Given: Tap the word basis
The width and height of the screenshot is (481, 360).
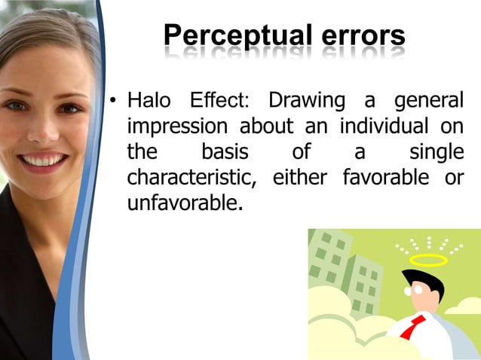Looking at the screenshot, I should click(x=225, y=152).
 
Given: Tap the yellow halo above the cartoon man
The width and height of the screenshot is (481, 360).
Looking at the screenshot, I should click(x=428, y=261).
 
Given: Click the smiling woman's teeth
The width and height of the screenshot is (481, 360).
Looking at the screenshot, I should click(x=44, y=160).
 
